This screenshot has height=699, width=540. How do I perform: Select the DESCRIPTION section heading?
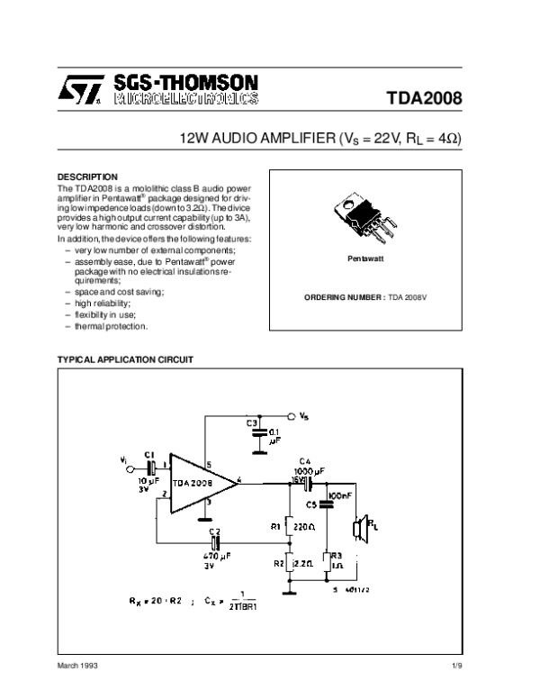(x=87, y=176)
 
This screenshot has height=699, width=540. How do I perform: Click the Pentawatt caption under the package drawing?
(x=366, y=259)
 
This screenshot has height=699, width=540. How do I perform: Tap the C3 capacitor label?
(x=252, y=422)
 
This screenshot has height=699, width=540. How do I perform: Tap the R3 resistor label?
(x=336, y=556)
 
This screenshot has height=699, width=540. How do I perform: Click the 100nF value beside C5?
(x=340, y=496)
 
